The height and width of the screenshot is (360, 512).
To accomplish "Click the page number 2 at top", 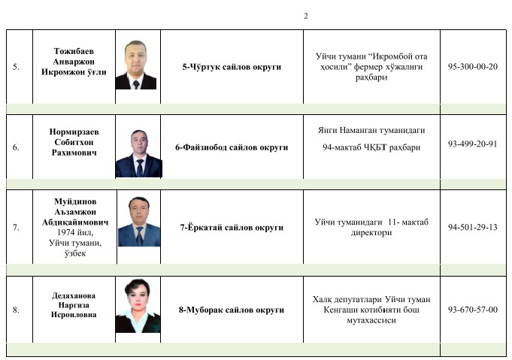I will (306, 17).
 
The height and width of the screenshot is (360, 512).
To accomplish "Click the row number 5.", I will (17, 67).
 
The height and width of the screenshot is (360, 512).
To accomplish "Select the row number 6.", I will (17, 147).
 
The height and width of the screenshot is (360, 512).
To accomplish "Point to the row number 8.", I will (17, 310).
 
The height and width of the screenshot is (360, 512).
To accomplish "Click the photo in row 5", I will (135, 65).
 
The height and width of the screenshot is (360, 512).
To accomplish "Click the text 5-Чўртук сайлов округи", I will (232, 67).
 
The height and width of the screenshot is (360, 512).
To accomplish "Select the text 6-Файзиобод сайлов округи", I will (232, 147).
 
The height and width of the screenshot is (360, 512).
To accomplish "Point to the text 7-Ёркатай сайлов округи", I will (232, 227).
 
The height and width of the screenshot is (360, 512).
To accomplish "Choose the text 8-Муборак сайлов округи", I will (232, 310).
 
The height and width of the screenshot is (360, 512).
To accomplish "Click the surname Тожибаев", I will (74, 47).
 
